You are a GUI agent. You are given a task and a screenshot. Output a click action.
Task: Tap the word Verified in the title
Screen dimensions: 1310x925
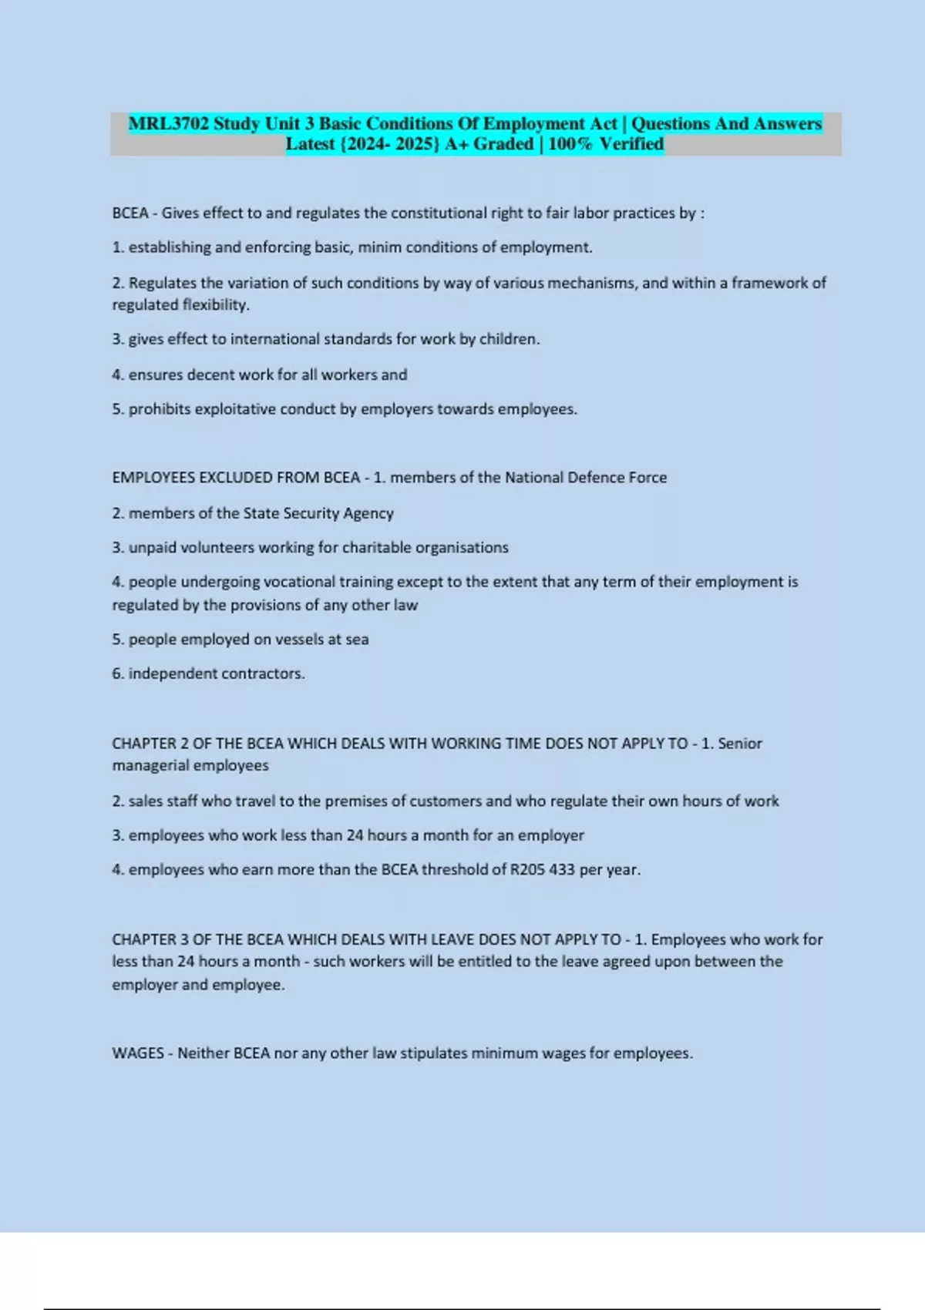(x=631, y=144)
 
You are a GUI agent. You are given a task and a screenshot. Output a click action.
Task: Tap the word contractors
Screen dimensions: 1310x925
(x=263, y=673)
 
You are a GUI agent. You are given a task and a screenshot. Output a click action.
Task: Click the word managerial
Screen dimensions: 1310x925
(x=152, y=766)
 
